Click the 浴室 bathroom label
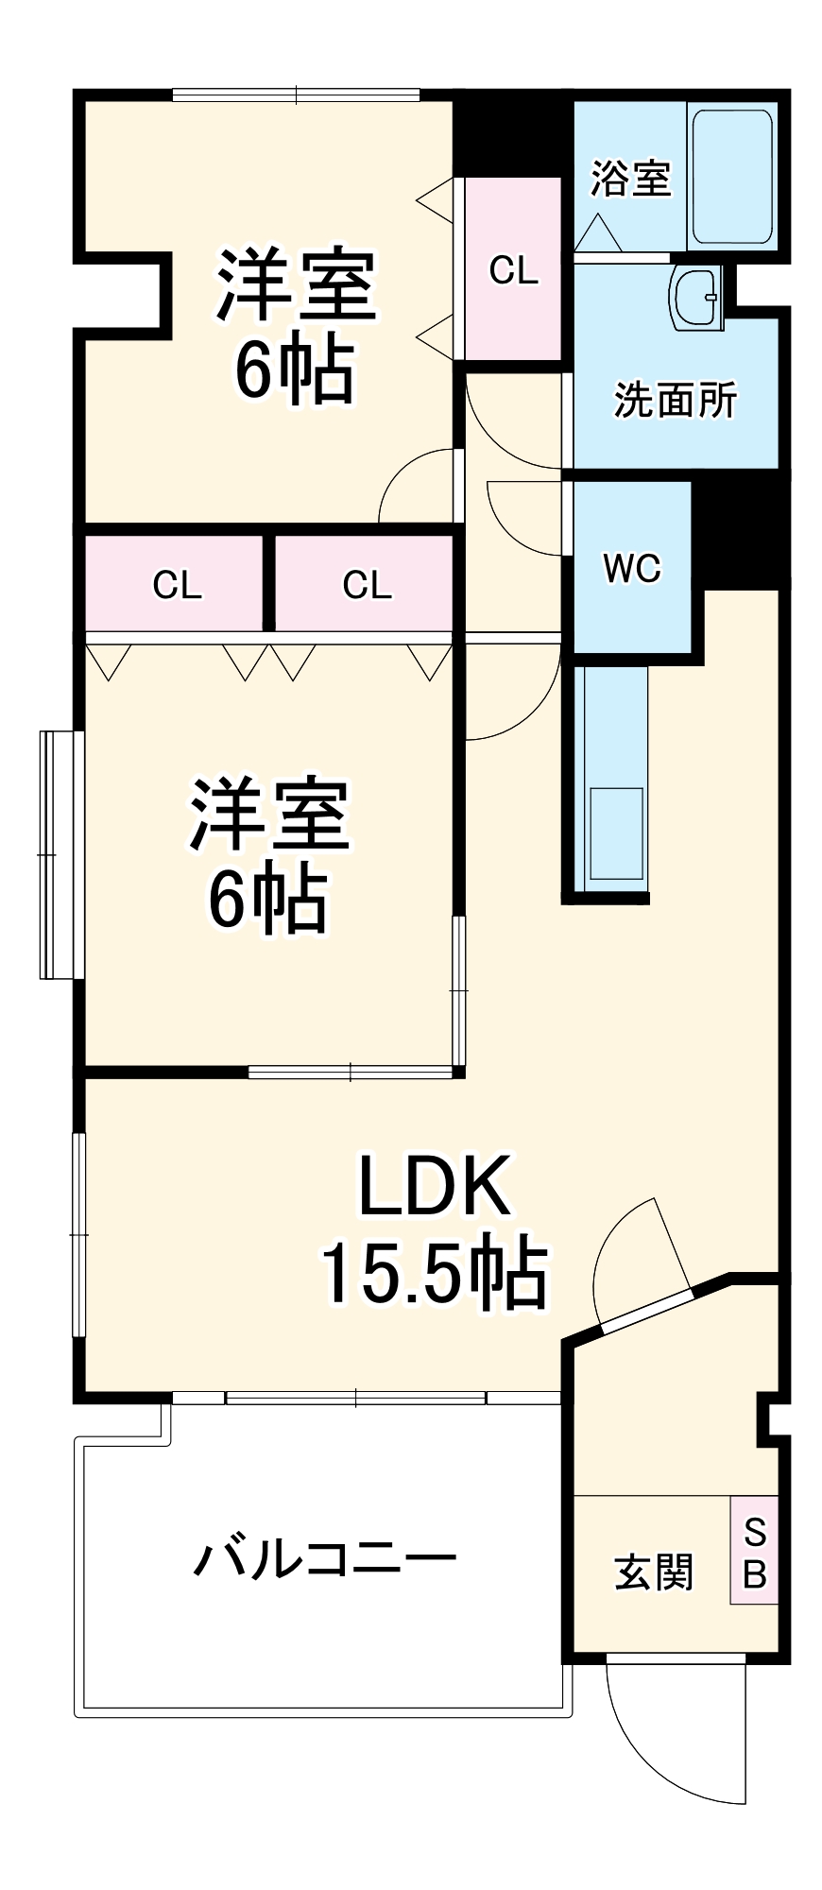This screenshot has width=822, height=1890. [x=630, y=178]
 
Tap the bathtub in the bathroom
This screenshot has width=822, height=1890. [x=731, y=177]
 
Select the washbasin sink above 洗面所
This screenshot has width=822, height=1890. [x=695, y=296]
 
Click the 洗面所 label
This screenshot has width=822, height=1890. [x=675, y=401]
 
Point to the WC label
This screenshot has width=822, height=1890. [x=632, y=568]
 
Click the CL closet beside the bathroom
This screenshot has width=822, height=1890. [x=513, y=270]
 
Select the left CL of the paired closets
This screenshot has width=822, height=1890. [x=177, y=585]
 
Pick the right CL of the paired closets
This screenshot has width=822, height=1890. [x=367, y=585]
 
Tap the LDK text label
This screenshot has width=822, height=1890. [x=434, y=1186]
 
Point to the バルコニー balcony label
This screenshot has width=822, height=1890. [x=324, y=1557]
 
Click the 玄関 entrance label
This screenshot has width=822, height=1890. [x=654, y=1572]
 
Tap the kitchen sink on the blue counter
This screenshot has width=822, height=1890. [x=616, y=832]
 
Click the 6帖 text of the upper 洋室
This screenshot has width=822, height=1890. [x=295, y=370]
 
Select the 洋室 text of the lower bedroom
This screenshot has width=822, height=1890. [x=270, y=813]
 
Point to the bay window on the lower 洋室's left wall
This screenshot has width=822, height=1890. [x=57, y=853]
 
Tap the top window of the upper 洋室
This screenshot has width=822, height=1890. [x=296, y=94]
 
